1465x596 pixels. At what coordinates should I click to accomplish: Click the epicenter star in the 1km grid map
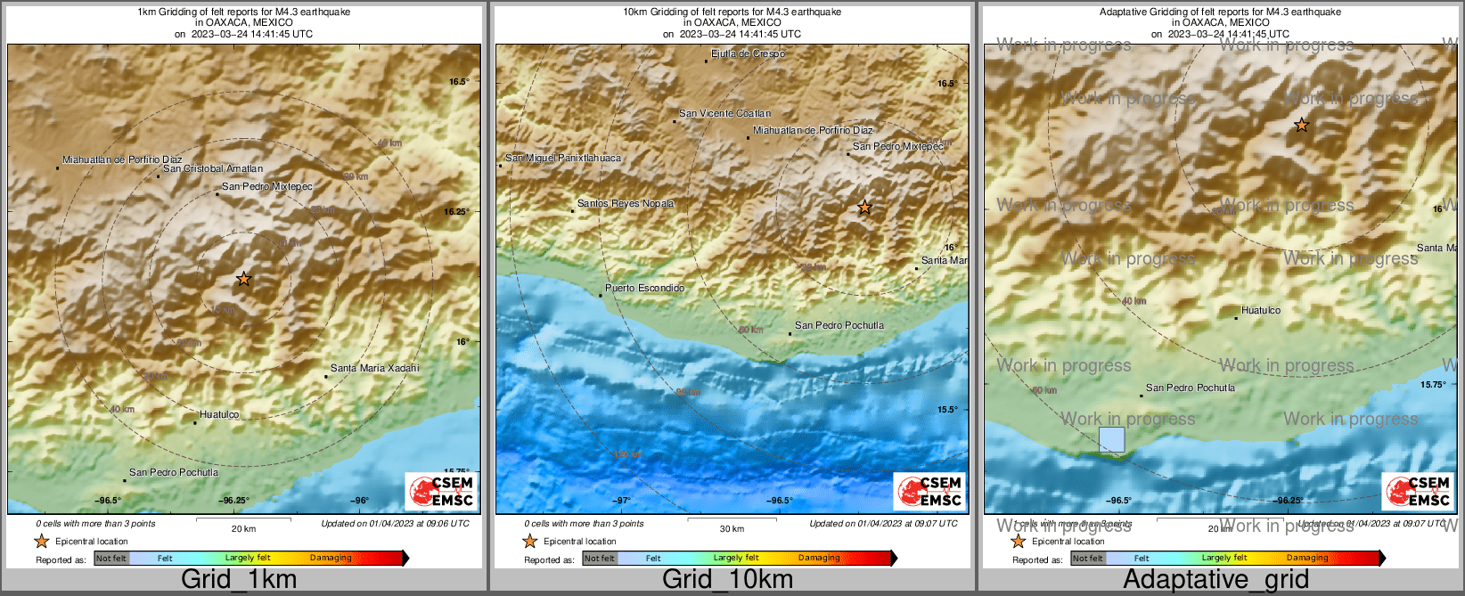(243, 279)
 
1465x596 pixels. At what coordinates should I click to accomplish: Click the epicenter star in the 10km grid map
(864, 208)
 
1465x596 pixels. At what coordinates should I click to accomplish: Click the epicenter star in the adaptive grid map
(1301, 126)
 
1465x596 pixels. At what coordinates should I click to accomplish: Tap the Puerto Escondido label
(644, 288)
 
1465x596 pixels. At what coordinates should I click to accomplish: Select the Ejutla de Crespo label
(748, 54)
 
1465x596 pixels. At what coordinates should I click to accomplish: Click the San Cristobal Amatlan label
(213, 168)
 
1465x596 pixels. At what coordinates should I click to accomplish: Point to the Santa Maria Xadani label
(374, 368)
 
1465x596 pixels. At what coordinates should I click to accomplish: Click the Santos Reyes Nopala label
(626, 203)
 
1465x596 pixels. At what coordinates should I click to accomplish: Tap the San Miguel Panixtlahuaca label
(563, 158)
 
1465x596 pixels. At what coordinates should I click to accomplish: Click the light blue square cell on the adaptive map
(1111, 439)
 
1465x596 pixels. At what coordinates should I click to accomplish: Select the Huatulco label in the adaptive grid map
(1261, 311)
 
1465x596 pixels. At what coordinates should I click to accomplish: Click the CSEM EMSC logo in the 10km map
(930, 491)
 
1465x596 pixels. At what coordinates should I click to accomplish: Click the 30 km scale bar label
(732, 529)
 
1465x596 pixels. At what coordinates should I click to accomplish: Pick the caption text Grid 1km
(239, 579)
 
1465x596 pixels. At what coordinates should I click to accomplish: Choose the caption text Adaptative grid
(1215, 579)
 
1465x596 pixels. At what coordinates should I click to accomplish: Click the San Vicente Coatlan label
(724, 113)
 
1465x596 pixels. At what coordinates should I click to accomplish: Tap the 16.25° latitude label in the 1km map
(456, 212)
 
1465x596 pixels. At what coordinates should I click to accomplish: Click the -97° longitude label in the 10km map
(621, 501)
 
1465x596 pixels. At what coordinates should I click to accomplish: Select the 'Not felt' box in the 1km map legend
(111, 559)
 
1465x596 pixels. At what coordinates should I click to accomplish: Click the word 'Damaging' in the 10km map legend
(819, 558)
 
